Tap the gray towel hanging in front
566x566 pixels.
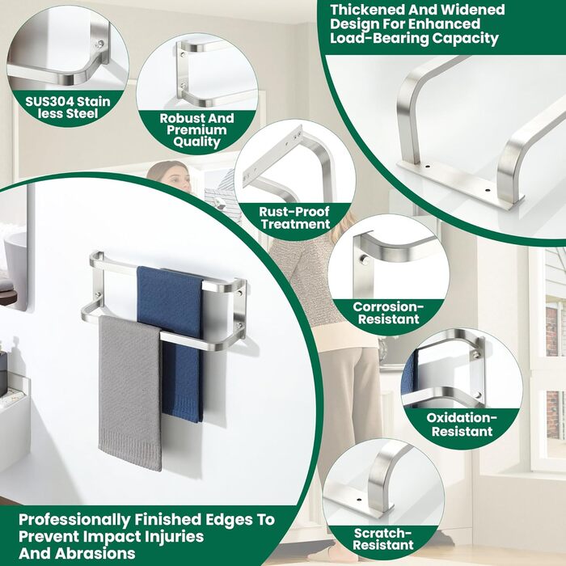(130, 394)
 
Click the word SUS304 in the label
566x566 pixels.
(46, 101)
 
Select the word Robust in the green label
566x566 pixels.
(178, 118)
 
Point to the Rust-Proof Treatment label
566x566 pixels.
(294, 218)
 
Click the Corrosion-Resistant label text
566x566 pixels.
(388, 313)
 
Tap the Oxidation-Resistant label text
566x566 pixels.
(462, 424)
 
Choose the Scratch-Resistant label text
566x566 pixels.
(382, 539)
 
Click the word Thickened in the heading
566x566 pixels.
(367, 10)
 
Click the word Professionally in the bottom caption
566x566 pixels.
(74, 520)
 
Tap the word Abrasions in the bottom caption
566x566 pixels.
(95, 553)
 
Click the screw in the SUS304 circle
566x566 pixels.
(100, 44)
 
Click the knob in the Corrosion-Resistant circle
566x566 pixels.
(365, 259)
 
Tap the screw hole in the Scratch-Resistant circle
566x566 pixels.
(358, 501)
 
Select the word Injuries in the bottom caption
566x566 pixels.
(175, 537)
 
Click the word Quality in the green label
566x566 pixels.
(196, 141)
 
